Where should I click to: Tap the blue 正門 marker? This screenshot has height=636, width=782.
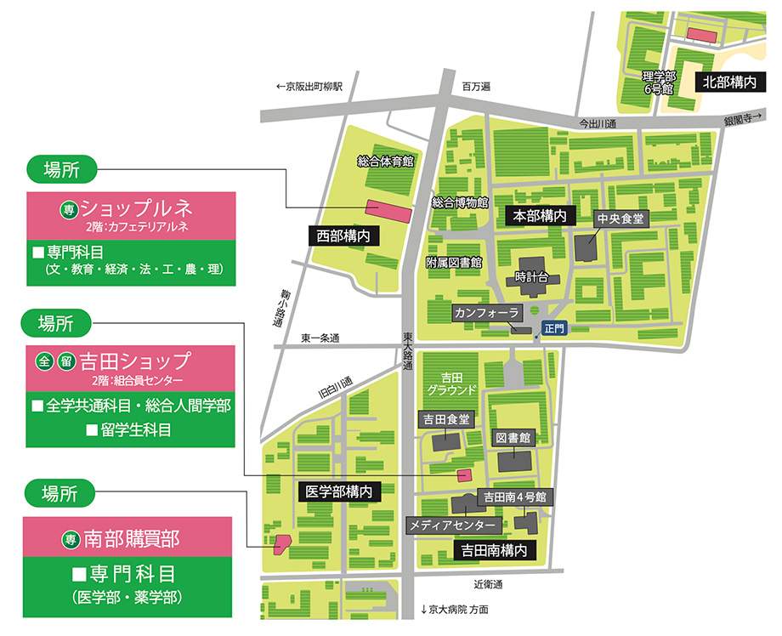click(553, 327)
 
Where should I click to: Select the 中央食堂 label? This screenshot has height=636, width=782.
click(621, 219)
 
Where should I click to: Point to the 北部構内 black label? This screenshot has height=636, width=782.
click(728, 82)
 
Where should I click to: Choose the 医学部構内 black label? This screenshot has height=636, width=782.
click(337, 491)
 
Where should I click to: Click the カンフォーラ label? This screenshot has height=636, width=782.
click(486, 313)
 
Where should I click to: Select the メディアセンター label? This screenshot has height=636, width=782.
click(451, 525)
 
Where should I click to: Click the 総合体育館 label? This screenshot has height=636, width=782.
click(385, 161)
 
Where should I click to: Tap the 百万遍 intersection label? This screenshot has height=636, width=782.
click(477, 87)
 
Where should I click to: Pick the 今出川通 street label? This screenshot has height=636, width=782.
click(597, 123)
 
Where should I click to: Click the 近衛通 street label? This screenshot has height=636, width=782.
click(488, 584)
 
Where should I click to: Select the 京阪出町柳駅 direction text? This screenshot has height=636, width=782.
click(309, 86)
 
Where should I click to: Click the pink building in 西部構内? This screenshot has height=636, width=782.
click(388, 209)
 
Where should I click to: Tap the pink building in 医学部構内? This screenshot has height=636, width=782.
click(281, 543)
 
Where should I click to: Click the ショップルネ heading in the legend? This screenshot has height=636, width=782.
click(136, 207)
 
